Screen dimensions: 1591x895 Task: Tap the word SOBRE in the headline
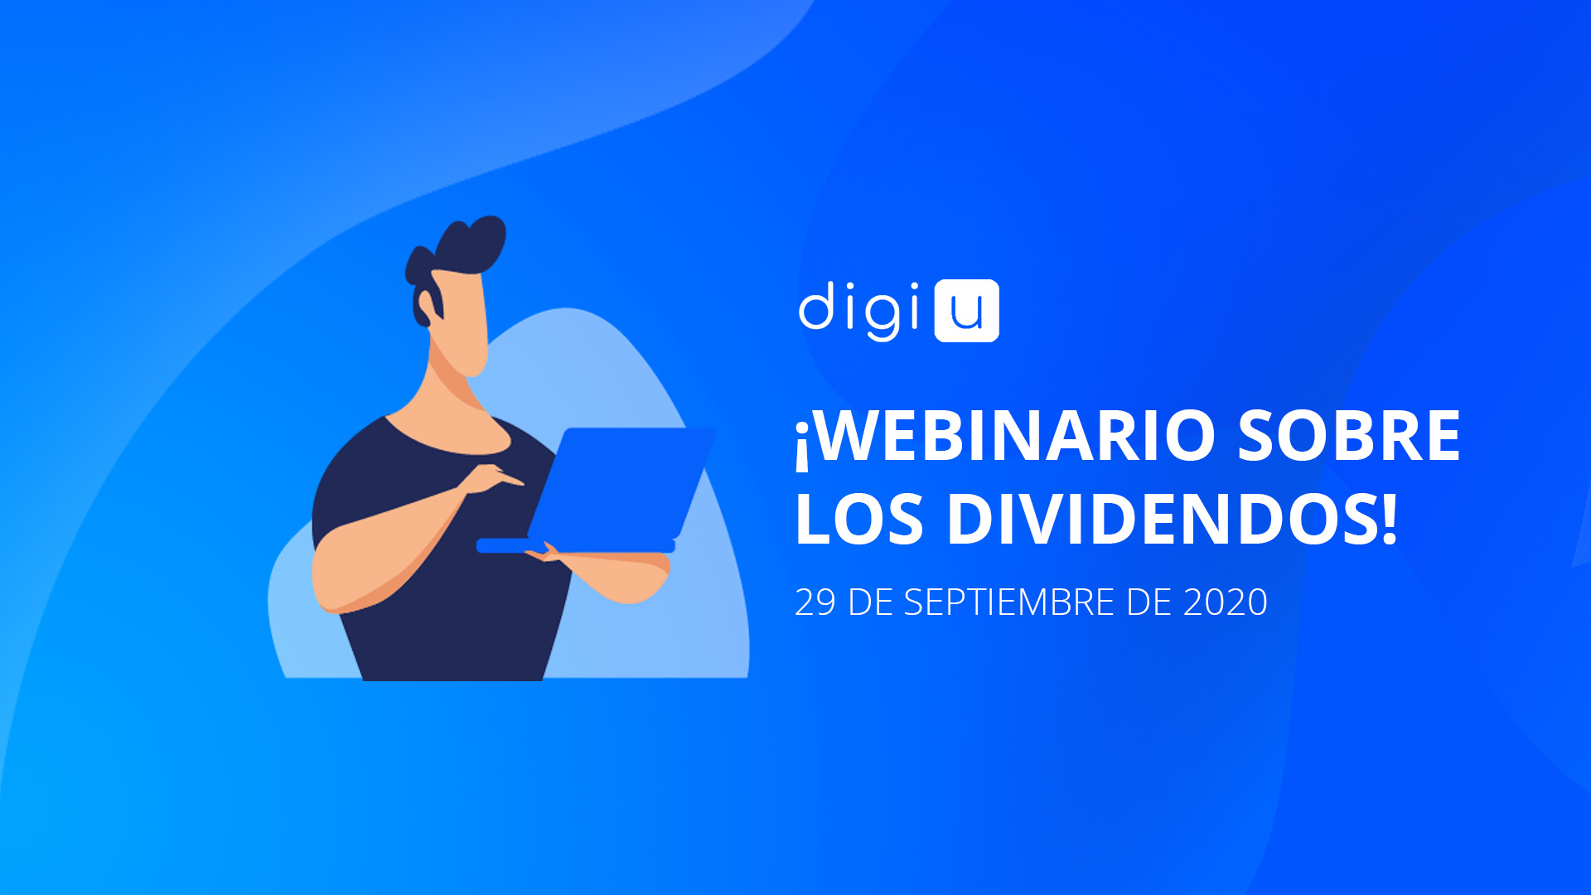coord(1349,435)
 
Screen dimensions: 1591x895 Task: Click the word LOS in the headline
coord(859,519)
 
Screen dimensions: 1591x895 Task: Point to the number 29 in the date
coord(815,602)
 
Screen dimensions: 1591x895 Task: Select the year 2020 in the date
coord(1226,602)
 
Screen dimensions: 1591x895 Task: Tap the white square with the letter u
coord(967,311)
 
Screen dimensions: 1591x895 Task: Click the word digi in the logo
coord(860,311)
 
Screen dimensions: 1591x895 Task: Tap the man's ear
coord(427,307)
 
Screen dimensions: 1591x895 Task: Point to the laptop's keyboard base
coord(575,546)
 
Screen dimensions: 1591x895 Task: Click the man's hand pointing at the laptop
coord(494,479)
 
